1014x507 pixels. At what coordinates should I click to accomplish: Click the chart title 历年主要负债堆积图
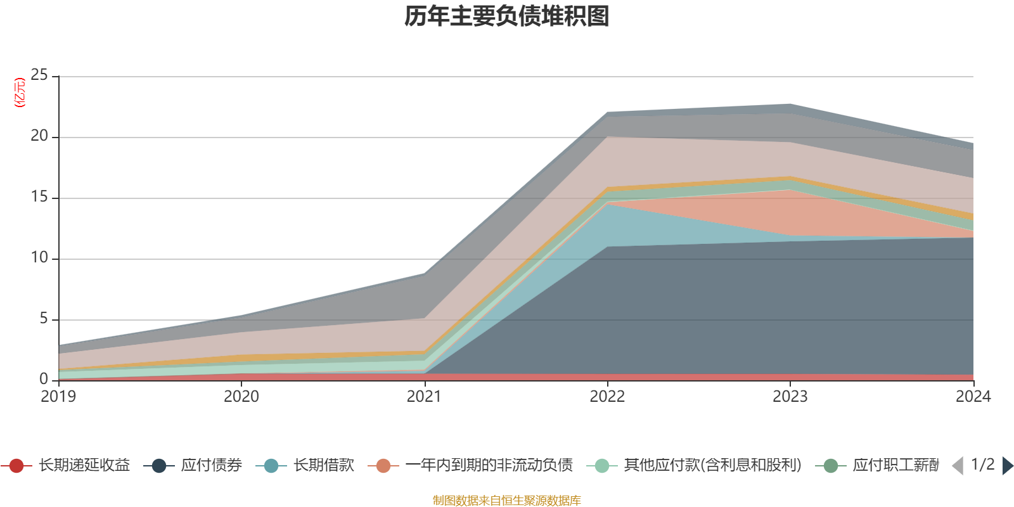pos(507,16)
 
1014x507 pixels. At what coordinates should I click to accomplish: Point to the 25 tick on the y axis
pos(39,75)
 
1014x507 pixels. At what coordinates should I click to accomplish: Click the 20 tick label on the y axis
pos(39,136)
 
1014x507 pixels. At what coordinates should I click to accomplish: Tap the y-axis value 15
pos(39,197)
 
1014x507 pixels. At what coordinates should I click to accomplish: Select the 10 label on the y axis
pos(39,258)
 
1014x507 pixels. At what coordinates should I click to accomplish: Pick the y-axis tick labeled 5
pos(44,319)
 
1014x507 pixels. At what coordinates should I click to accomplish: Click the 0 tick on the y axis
pos(44,379)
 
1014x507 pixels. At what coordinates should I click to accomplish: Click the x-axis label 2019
pos(58,397)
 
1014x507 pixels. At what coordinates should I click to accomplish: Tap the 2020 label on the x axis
pos(241,397)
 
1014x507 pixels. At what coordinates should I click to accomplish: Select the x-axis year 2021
pos(424,397)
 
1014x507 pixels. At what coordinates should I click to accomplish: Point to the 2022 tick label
pos(607,397)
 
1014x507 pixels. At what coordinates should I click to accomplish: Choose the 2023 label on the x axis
pos(790,397)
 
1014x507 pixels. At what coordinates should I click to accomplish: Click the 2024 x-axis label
pos(973,397)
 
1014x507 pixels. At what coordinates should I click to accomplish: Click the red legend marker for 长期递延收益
pos(16,466)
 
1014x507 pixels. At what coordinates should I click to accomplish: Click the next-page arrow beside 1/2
pos(1007,466)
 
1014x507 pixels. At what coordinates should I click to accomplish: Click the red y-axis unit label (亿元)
pos(20,93)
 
